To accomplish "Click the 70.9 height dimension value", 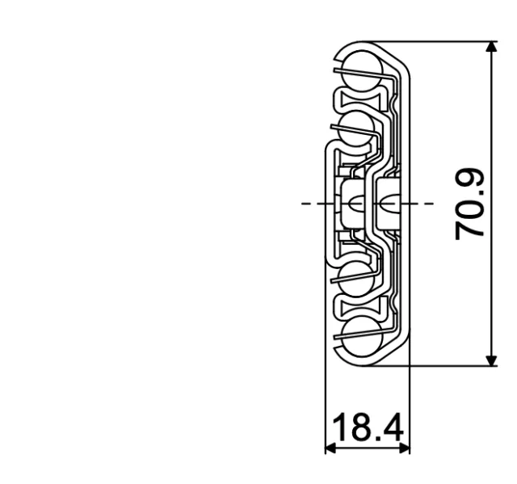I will [470, 204].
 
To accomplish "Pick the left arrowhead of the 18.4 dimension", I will [330, 447].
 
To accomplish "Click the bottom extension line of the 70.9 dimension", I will [452, 365].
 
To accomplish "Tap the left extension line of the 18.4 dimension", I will [325, 404].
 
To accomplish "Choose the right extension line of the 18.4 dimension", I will [410, 404].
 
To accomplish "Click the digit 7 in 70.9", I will [470, 229].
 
